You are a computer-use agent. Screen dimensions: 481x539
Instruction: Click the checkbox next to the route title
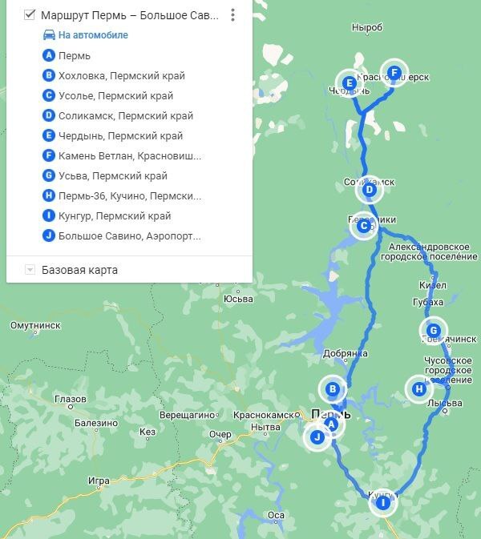tap(30, 15)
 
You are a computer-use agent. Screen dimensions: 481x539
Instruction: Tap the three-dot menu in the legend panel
tap(232, 15)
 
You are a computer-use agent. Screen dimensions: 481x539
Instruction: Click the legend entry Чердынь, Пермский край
tap(115, 136)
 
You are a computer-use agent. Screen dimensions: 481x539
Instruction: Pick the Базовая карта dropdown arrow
tap(30, 270)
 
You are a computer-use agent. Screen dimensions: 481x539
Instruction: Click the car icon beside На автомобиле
tap(50, 35)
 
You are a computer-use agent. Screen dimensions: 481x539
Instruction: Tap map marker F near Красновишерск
tap(394, 73)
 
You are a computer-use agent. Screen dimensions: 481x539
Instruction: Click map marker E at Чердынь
tap(349, 82)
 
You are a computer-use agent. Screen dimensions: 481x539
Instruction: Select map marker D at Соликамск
tap(369, 190)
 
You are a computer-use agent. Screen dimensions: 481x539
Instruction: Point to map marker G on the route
tap(433, 330)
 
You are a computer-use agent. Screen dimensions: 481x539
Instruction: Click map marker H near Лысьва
tap(418, 389)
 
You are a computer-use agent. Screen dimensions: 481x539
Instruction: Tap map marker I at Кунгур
tap(383, 503)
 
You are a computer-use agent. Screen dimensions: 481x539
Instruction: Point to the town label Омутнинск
tap(34, 326)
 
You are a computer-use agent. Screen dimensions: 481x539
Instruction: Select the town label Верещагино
tap(188, 416)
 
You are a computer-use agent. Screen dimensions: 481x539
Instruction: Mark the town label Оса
tap(277, 515)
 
